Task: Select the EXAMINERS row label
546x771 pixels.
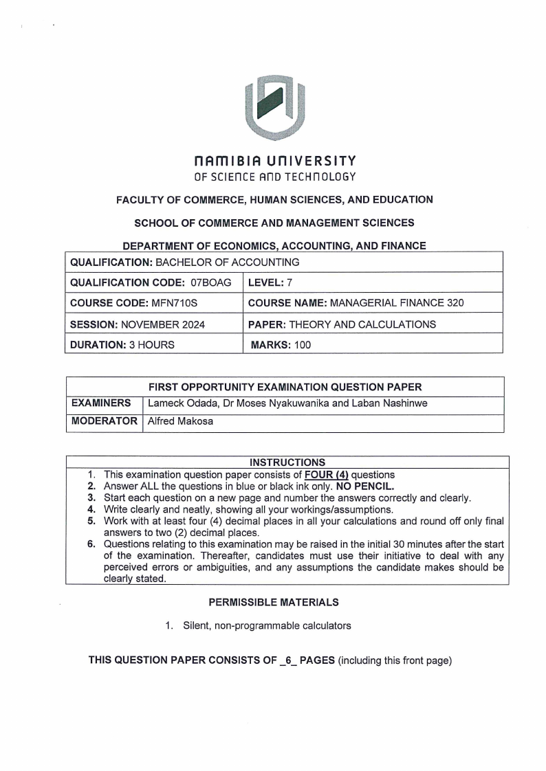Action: (x=102, y=403)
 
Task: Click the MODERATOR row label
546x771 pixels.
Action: (x=105, y=421)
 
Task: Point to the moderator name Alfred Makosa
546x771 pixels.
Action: (x=180, y=421)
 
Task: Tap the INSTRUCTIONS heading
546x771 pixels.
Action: (x=287, y=462)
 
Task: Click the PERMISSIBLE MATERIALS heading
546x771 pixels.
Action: (x=274, y=603)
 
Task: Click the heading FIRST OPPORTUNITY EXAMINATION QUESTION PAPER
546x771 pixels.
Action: (x=285, y=386)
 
